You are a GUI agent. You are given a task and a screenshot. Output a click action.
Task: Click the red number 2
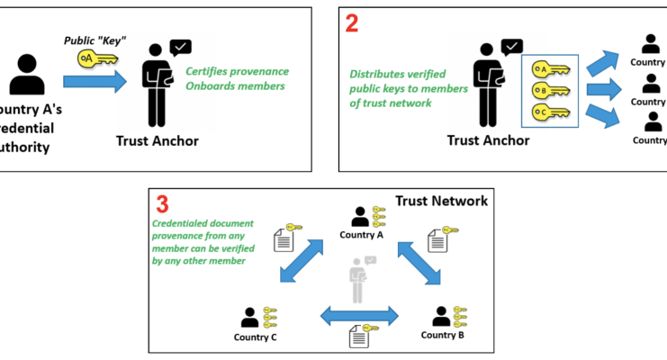coord(352,24)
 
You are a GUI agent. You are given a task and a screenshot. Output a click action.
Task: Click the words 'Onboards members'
coord(235,86)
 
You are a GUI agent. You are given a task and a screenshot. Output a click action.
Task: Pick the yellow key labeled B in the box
coord(545,90)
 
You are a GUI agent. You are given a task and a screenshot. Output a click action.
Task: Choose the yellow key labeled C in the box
coord(545,112)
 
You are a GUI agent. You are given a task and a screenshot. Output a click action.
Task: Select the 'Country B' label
coord(443,335)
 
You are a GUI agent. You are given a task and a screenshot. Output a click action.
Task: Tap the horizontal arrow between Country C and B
coord(359,315)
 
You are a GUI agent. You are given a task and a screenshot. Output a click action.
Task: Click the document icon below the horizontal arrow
coord(359,339)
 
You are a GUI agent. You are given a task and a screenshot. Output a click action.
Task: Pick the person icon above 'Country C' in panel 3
coord(250,317)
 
